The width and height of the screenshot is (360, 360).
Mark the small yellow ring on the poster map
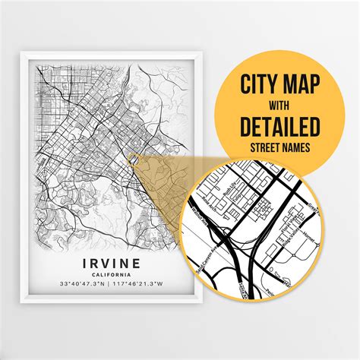pos(132,158)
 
